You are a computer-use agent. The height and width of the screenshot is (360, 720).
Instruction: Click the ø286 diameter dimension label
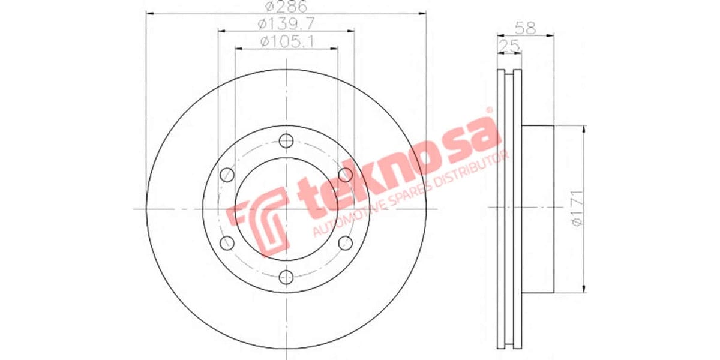tap(286, 7)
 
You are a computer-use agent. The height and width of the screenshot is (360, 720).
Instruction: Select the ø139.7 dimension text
tap(286, 24)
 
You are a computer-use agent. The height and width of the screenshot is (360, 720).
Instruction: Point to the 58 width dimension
tap(525, 28)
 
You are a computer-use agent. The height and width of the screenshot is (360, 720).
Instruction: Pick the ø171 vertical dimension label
tap(577, 209)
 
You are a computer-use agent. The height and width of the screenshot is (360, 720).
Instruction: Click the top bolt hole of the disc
tap(286, 140)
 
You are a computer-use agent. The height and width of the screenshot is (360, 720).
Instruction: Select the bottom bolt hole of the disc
tap(286, 277)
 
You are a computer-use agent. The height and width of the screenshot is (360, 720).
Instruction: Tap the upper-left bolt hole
tap(227, 175)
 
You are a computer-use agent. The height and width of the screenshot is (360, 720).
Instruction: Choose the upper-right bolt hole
tap(345, 175)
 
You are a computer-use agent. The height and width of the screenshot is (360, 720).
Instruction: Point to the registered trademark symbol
tap(489, 110)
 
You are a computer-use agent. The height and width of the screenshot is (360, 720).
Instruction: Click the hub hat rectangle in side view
tap(537, 209)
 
